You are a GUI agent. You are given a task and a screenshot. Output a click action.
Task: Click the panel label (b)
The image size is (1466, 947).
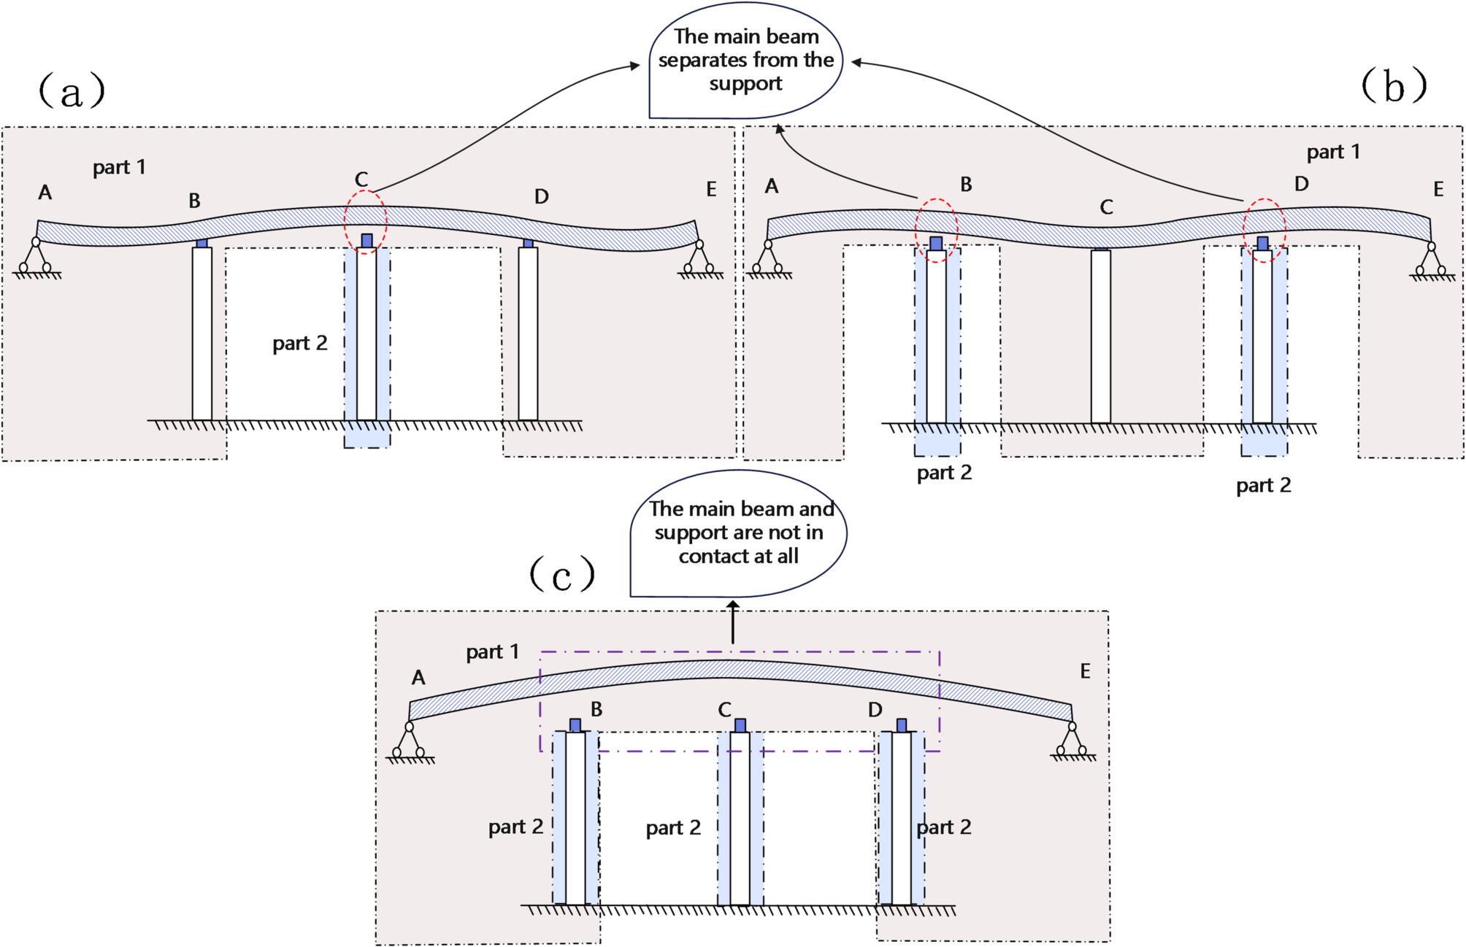pyautogui.click(x=1393, y=86)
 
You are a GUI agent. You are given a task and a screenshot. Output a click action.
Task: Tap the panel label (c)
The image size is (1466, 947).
pyautogui.click(x=561, y=575)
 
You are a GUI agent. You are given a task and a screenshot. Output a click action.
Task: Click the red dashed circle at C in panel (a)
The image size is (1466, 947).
pyautogui.click(x=366, y=221)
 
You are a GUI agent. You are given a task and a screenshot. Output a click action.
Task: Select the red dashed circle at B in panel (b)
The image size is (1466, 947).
pyautogui.click(x=936, y=230)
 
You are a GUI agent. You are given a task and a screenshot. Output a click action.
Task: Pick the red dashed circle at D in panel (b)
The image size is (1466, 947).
pyautogui.click(x=1264, y=230)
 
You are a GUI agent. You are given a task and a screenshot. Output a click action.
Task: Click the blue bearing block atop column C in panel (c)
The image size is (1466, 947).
pyautogui.click(x=740, y=725)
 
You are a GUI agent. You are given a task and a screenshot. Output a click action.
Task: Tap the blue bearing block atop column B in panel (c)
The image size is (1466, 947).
pyautogui.click(x=575, y=725)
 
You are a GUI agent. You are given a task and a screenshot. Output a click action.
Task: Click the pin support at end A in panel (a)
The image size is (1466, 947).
pyautogui.click(x=36, y=258)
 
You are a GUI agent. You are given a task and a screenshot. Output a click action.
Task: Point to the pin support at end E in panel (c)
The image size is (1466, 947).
pyautogui.click(x=1072, y=741)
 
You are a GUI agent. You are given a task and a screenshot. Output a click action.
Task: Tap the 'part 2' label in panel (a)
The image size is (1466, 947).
pyautogui.click(x=299, y=343)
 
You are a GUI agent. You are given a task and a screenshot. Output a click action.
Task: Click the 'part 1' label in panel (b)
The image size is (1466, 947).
pyautogui.click(x=1333, y=152)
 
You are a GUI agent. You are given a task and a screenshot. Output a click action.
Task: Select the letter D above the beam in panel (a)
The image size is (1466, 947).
pyautogui.click(x=541, y=196)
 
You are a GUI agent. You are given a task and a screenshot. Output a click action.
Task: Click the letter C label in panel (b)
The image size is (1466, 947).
pyautogui.click(x=1106, y=207)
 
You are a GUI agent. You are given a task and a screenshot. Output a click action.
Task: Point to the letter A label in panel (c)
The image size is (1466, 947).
pyautogui.click(x=418, y=678)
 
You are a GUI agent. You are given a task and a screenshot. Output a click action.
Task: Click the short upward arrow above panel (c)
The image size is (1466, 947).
pyautogui.click(x=733, y=622)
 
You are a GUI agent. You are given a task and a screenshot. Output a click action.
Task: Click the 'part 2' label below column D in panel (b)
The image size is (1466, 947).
pyautogui.click(x=1263, y=485)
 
